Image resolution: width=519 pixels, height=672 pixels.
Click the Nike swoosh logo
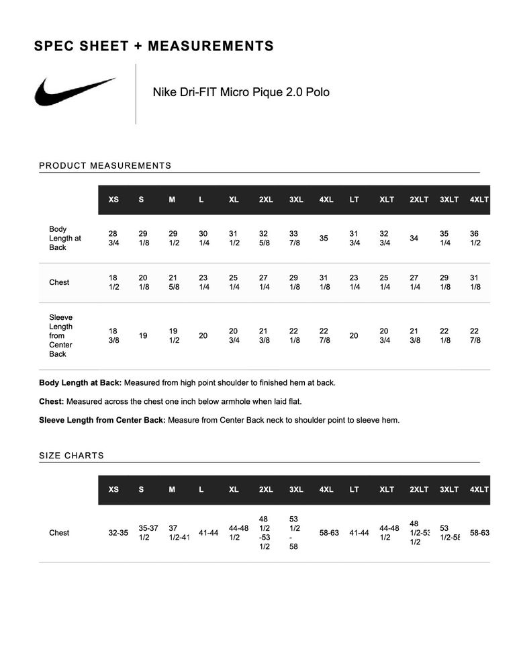tap(75, 91)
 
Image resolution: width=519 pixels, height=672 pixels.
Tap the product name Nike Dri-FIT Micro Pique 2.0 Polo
tap(241, 92)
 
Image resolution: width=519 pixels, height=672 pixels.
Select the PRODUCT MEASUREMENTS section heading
tap(105, 165)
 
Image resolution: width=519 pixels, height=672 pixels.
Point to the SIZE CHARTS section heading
tap(72, 456)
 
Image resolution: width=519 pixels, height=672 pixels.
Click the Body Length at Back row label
tap(64, 239)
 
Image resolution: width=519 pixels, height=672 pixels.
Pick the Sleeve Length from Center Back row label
tap(60, 335)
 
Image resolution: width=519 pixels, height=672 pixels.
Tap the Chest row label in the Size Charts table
tap(59, 533)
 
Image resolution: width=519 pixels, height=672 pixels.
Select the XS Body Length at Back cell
tap(113, 239)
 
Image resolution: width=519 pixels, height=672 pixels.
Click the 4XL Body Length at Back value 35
tap(324, 239)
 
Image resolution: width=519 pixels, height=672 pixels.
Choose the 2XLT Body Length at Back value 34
tap(414, 239)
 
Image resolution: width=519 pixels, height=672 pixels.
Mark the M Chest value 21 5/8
tap(173, 282)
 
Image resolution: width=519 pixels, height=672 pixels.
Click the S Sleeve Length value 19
tap(143, 335)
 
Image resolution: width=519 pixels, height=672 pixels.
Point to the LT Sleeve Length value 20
tap(354, 335)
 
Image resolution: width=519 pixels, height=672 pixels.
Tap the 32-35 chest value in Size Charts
tap(118, 533)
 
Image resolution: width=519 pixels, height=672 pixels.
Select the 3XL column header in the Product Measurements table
tap(296, 200)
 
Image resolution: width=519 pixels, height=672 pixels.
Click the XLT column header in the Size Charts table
tap(387, 489)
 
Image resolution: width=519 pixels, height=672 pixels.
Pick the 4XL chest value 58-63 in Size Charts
tap(329, 533)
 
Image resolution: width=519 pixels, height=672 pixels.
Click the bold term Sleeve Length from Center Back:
tap(102, 421)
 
